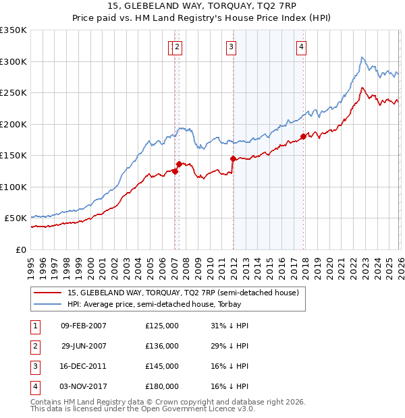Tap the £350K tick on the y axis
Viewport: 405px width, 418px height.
(13, 30)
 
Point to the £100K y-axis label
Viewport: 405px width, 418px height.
(13, 187)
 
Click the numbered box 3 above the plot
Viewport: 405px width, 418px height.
(231, 47)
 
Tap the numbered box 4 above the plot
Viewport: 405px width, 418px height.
(300, 47)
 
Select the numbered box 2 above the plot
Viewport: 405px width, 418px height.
(177, 47)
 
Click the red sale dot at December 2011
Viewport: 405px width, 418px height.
(233, 159)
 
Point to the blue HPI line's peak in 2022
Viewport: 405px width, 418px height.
(362, 58)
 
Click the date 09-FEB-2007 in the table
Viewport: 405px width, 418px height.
(83, 326)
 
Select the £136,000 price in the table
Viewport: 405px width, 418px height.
(162, 346)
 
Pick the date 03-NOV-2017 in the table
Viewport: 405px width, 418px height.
(83, 386)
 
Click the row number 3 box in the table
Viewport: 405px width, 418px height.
(34, 366)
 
